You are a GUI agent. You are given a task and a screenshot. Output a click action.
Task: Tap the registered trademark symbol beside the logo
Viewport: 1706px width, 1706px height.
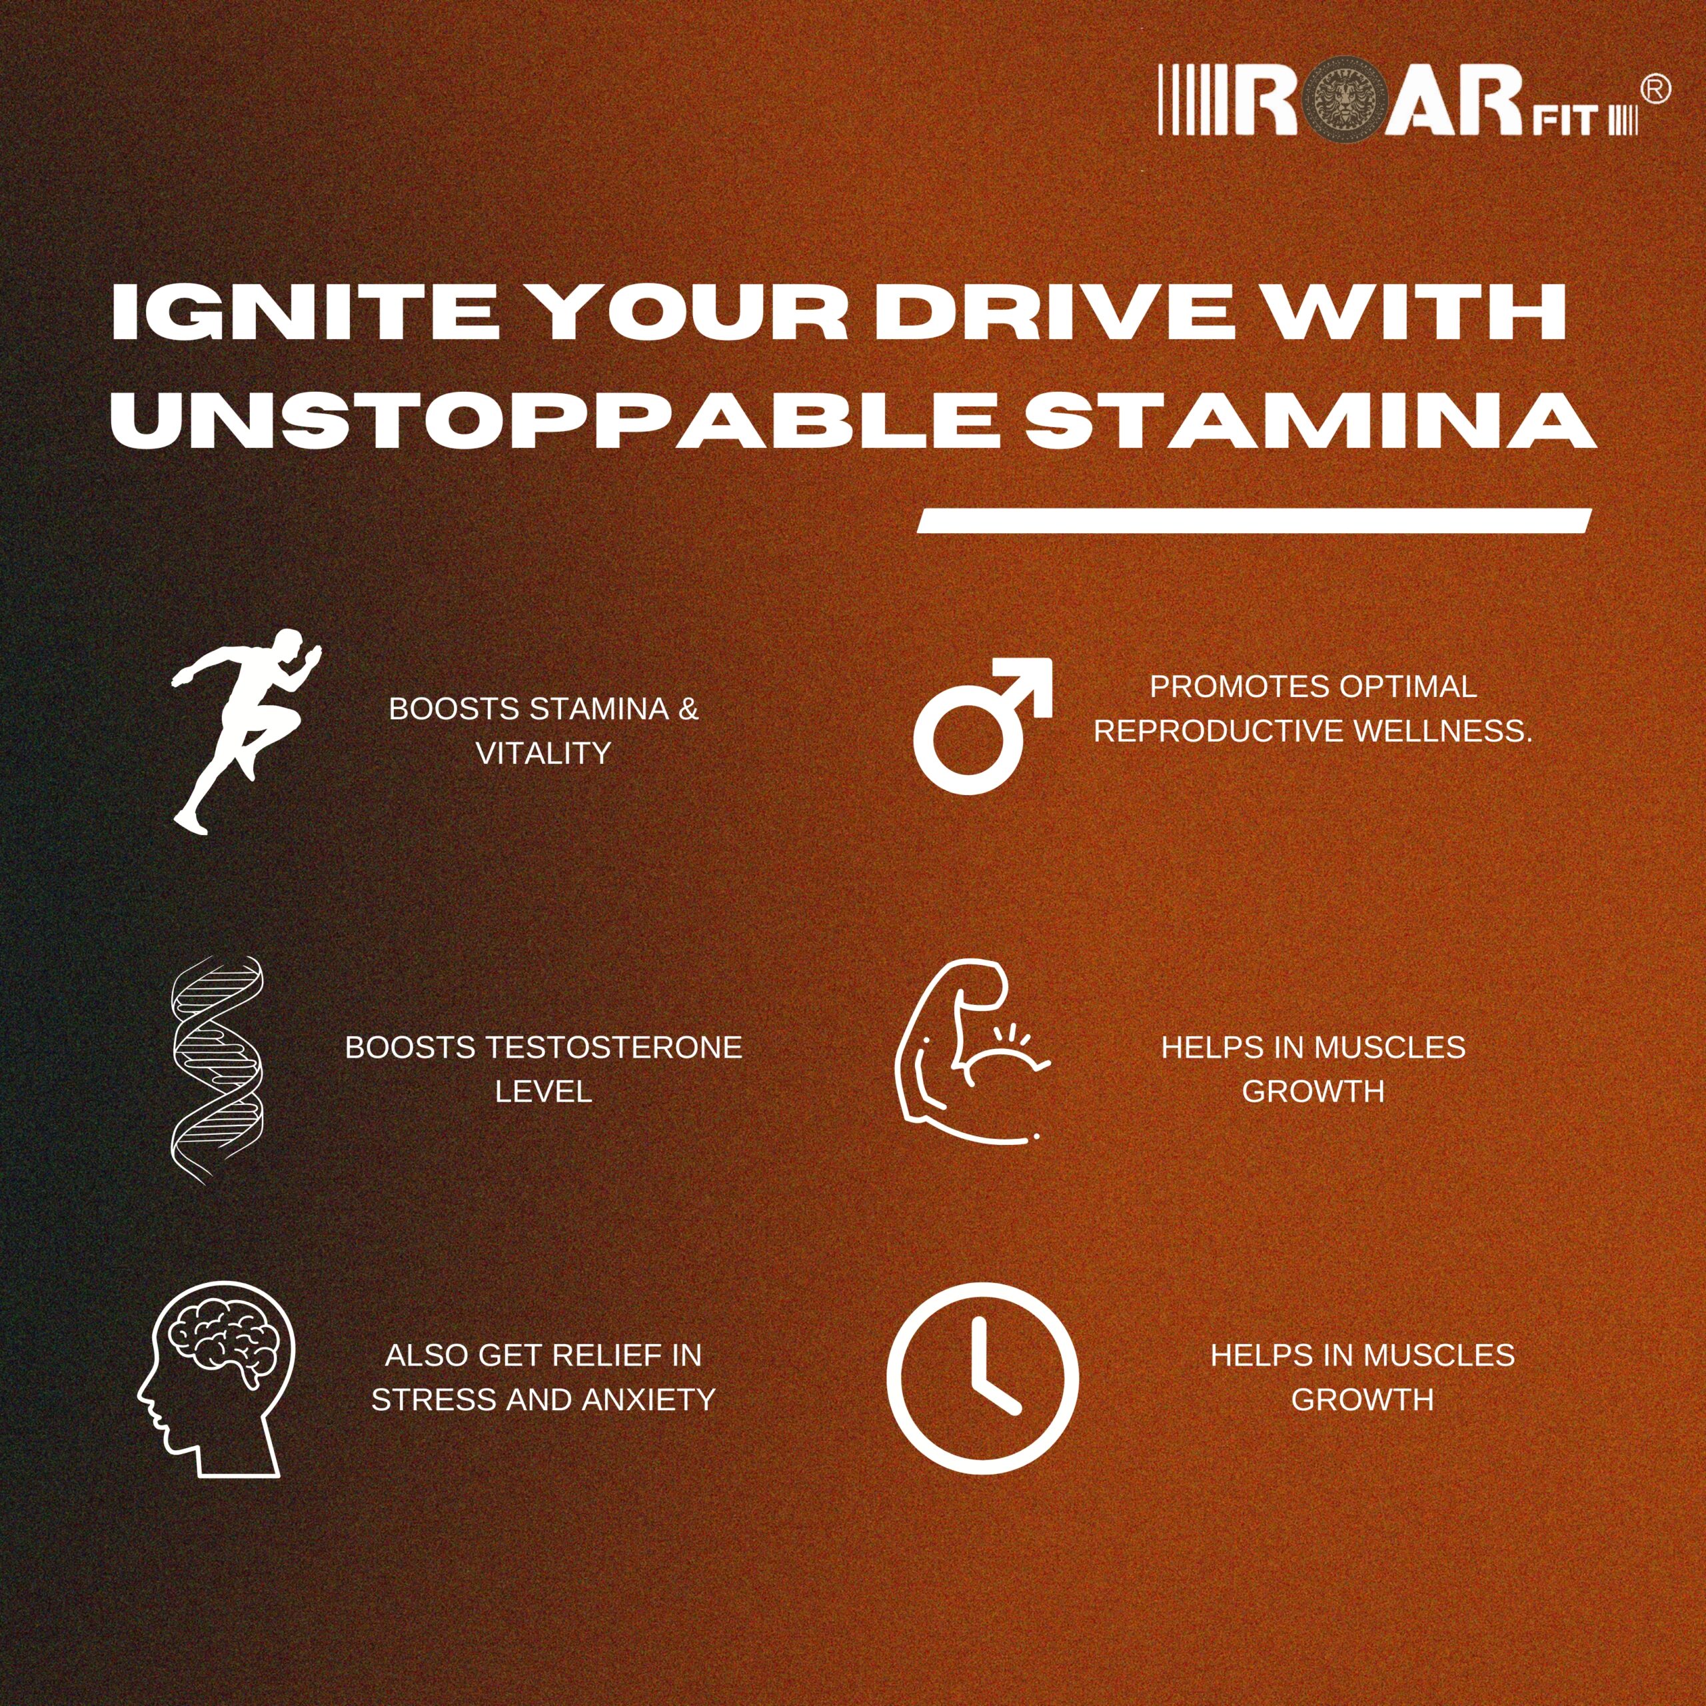pos(1655,89)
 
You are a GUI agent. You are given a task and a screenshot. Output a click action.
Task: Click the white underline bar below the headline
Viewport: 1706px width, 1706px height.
pos(1254,521)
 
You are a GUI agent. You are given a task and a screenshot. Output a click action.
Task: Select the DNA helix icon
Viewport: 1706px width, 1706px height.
pos(217,1070)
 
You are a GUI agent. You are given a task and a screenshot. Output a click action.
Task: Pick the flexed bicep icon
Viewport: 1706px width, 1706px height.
pos(972,1052)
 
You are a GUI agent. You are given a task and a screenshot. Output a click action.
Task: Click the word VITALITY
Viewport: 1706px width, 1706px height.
pos(543,753)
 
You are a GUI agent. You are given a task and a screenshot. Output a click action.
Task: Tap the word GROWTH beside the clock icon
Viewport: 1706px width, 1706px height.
pos(1363,1399)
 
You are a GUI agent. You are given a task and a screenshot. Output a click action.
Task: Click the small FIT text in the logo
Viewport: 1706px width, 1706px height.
pos(1572,121)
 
